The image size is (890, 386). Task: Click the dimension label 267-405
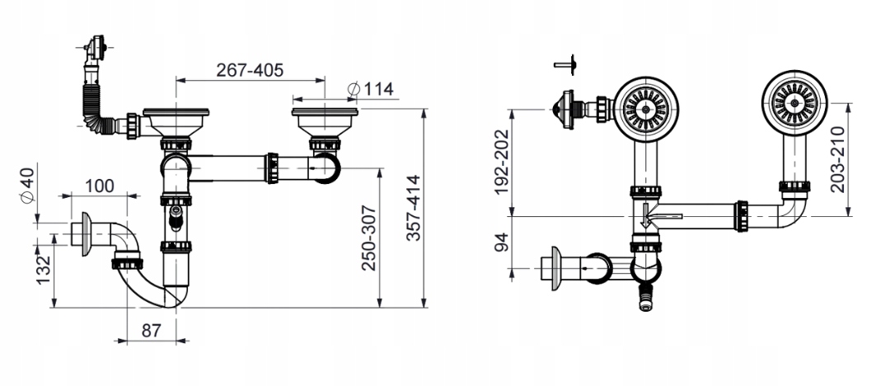tap(249, 70)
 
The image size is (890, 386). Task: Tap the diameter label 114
tap(372, 89)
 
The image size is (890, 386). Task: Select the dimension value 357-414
tap(414, 208)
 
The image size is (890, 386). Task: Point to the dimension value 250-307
tap(369, 237)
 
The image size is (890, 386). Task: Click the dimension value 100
tap(100, 186)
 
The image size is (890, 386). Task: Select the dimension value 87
tap(151, 330)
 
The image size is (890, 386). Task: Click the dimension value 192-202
tap(502, 161)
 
